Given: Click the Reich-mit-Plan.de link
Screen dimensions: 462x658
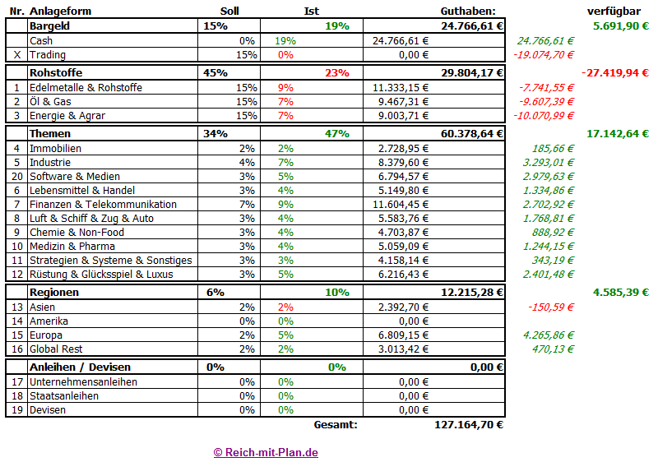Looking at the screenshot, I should tap(266, 452).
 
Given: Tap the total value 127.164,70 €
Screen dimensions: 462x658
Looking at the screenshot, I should tap(468, 425).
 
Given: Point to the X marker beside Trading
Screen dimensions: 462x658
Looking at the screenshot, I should tap(16, 55).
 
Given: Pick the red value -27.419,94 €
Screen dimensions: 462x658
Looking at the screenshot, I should tap(614, 72).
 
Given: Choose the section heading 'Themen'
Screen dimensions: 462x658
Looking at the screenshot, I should tap(50, 133).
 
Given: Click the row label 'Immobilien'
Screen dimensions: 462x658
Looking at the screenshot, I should tap(55, 149).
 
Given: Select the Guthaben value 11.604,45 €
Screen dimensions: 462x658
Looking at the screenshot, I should tap(401, 205).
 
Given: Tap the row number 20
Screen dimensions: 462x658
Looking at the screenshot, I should tap(16, 177).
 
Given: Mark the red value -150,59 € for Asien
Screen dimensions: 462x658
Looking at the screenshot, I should tap(551, 307).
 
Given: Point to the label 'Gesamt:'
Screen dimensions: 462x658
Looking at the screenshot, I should tap(336, 425).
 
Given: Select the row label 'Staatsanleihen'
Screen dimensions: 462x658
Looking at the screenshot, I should tap(64, 396).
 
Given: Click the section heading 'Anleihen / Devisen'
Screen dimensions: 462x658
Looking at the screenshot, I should tap(79, 367).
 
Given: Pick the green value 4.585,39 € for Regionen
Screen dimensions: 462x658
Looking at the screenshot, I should tap(620, 293).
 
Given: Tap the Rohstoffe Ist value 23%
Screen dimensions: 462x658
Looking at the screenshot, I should tap(336, 72).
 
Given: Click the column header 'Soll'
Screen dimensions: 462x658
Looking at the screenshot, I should tap(230, 11).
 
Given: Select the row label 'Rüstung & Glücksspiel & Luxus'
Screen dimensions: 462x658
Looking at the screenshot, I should tap(101, 274).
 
